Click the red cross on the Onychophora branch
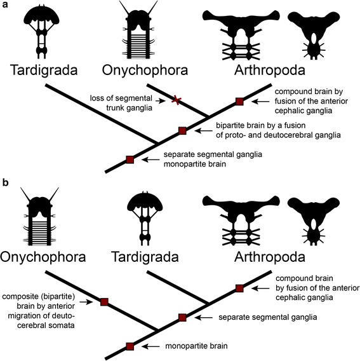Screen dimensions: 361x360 click(x=178, y=99)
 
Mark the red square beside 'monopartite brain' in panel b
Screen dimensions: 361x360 click(x=130, y=346)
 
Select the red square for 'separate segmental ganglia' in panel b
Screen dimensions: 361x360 click(x=183, y=317)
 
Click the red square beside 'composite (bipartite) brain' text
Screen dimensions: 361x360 click(x=103, y=301)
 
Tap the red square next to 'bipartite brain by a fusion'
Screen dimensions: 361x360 click(x=183, y=130)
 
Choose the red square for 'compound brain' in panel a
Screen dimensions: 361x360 click(x=239, y=101)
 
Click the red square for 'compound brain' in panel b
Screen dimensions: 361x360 click(x=239, y=289)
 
